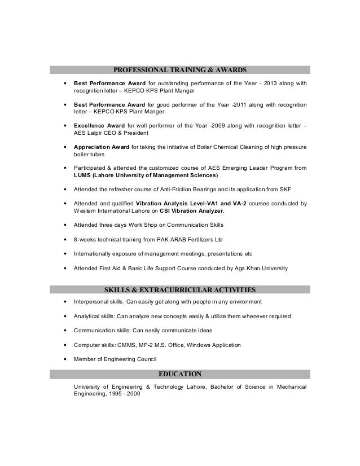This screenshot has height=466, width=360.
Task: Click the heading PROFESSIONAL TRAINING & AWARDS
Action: point(179,71)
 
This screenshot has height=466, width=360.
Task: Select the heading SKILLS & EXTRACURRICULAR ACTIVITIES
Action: point(179,290)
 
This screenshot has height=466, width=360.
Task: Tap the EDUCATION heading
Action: point(179,373)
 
